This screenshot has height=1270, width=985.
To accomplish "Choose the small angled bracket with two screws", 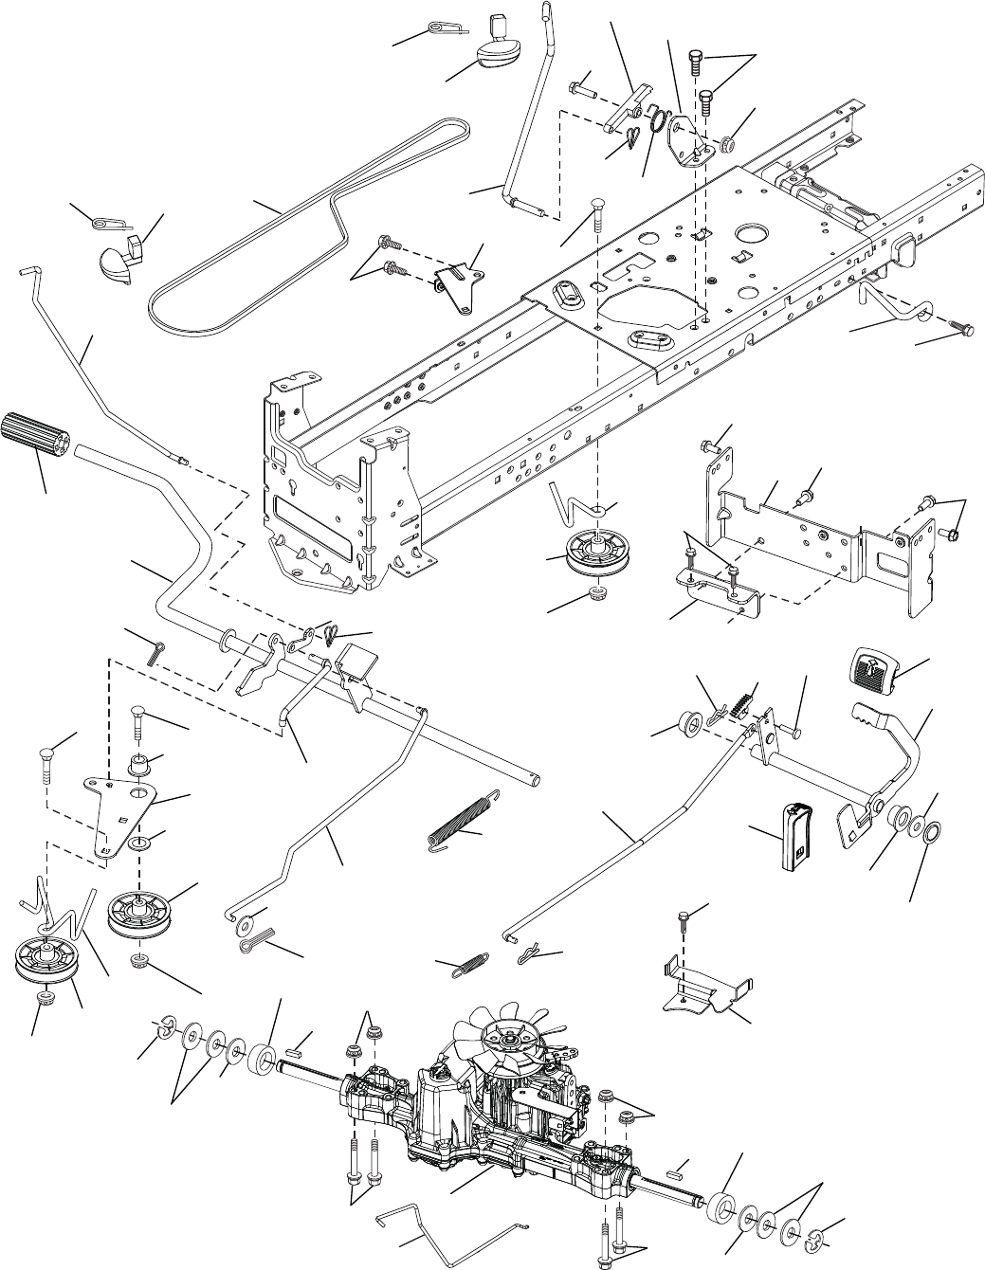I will [459, 285].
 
